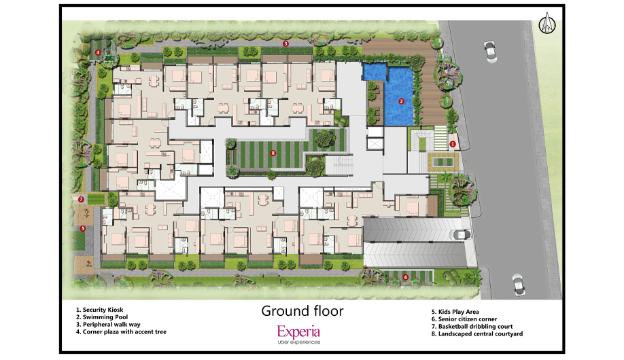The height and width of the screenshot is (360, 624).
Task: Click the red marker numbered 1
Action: coord(452,144)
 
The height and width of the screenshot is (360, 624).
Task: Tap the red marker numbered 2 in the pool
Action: coord(401,101)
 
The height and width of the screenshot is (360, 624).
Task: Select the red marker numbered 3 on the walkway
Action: coord(285,43)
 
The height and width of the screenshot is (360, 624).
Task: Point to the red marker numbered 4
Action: coord(98,52)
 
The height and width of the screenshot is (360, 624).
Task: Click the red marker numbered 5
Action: coord(83,228)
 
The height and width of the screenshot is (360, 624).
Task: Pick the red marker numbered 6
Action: coord(406,277)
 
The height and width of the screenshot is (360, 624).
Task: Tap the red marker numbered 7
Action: coord(81,199)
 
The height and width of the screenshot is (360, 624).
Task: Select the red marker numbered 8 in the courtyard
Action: coord(273,153)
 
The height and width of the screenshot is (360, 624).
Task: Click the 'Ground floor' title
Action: coord(302,310)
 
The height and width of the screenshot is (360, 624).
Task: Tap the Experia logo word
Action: coord(298,331)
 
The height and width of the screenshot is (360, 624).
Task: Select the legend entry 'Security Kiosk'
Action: coord(99,310)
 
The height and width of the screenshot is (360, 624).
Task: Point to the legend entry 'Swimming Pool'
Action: coord(102,317)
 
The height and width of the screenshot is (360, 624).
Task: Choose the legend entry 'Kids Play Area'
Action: coord(455,312)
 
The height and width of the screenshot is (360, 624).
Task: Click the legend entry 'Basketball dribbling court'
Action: coord(472,327)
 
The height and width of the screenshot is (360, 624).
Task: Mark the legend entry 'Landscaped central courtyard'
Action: coord(477,334)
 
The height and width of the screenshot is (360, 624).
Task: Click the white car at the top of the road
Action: coord(490,52)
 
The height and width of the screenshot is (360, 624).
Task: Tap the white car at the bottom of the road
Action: coord(519,284)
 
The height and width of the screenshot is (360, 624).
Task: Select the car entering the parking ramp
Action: coord(460,235)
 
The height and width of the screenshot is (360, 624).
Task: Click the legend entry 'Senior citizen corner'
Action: coord(464,319)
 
